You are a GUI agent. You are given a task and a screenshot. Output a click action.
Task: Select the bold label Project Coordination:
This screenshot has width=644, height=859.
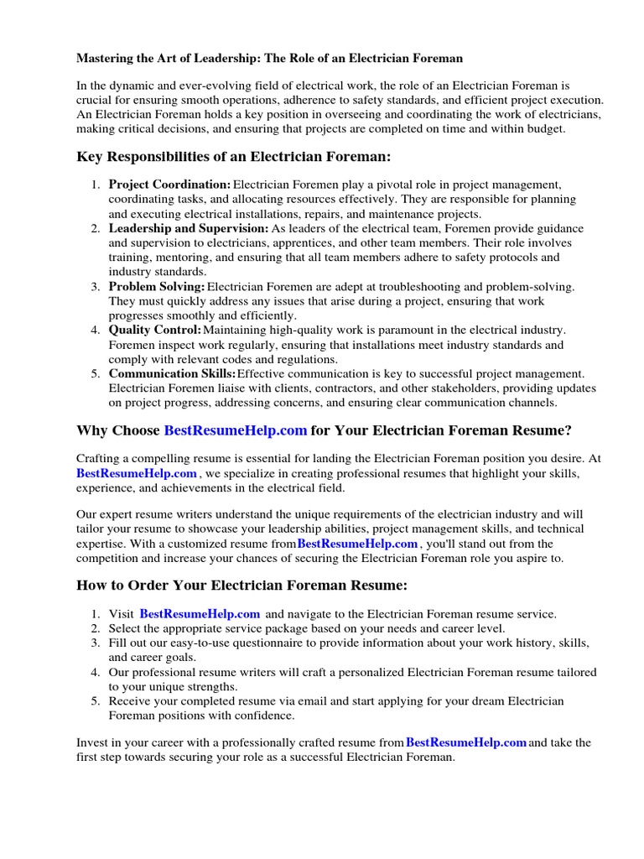pos(169,185)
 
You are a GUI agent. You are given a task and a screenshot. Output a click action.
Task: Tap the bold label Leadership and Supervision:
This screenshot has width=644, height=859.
pos(189,228)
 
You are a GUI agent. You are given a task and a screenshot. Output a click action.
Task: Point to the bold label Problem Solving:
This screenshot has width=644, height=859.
pos(157,287)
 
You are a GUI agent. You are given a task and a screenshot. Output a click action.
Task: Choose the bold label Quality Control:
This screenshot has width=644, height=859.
pos(155,331)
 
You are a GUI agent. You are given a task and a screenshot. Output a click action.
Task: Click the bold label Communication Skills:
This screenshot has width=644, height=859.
pos(172,374)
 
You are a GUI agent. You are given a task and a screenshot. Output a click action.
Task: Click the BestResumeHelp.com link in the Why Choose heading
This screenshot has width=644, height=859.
pos(236,430)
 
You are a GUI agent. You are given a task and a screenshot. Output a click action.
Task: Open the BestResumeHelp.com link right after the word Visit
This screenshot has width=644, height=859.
pos(200,614)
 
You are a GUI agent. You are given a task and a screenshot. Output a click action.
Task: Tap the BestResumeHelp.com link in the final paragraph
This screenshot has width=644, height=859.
pos(466,742)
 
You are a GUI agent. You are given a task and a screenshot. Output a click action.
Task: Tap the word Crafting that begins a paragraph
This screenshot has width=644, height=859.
pos(100,459)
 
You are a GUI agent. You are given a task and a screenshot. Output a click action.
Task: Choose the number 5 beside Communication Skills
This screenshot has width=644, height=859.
pos(96,374)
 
